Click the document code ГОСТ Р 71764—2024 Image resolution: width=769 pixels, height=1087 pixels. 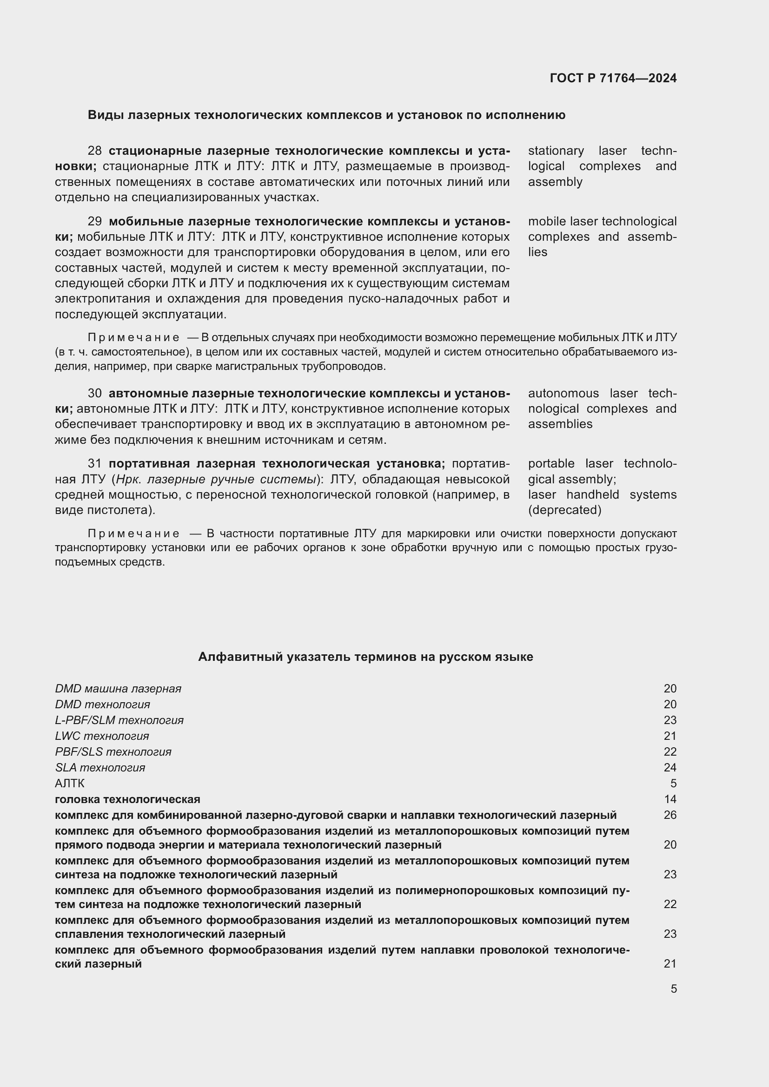[x=613, y=78]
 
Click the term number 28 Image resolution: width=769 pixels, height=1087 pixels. [x=95, y=151]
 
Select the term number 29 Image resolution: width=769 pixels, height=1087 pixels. [x=95, y=222]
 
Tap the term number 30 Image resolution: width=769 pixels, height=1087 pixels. [x=95, y=394]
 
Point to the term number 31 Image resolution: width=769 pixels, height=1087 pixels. [x=95, y=463]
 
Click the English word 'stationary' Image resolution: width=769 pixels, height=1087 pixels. [x=556, y=151]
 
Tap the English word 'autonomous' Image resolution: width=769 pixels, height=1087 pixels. [x=563, y=394]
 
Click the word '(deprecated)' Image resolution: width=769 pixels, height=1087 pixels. [x=565, y=510]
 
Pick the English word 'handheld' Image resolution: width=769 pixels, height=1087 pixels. [x=592, y=495]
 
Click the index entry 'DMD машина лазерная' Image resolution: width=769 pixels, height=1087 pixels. [x=118, y=689]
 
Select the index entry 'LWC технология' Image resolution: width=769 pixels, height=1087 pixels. [x=102, y=736]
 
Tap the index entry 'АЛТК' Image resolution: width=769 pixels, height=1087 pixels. [x=70, y=784]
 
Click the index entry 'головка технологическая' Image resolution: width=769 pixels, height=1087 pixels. [x=127, y=800]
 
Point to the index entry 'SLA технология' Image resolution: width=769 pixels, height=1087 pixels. [x=100, y=767]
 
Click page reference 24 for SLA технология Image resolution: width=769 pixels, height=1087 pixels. [x=670, y=767]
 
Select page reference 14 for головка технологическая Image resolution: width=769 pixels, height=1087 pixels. [x=670, y=800]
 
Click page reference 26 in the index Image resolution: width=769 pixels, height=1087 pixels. [x=670, y=815]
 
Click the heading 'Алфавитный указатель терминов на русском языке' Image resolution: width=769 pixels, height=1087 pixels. [x=365, y=657]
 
